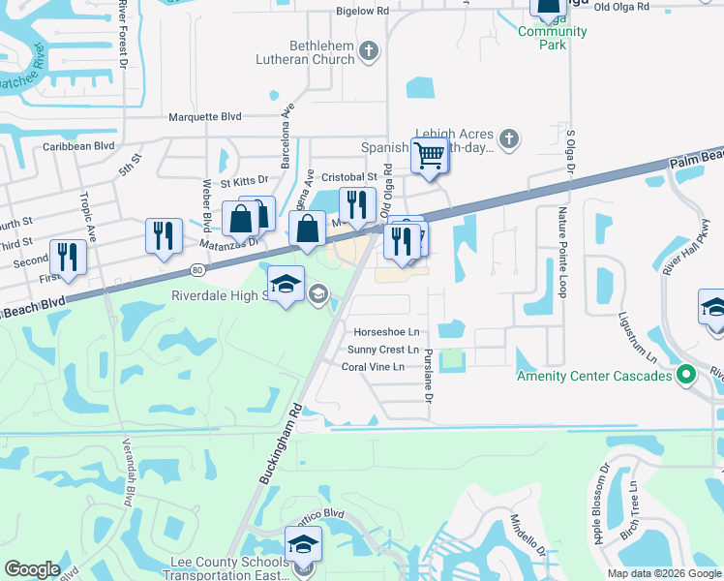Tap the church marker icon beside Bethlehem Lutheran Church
[x=368, y=50]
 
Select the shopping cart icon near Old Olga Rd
[x=429, y=156]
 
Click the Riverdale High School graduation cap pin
[x=285, y=285]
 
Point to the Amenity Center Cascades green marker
[x=686, y=374]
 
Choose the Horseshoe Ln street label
[x=386, y=331]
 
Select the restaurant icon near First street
[x=67, y=257]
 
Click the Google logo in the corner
[x=33, y=569]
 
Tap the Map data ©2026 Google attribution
[x=662, y=573]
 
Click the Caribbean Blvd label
[x=78, y=146]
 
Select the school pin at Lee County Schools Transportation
[x=303, y=544]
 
